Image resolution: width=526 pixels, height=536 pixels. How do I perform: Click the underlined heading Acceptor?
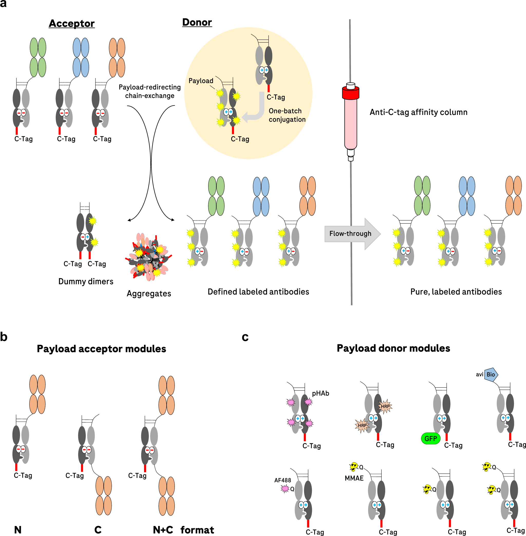(72, 23)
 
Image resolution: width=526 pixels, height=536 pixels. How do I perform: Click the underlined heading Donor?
(197, 22)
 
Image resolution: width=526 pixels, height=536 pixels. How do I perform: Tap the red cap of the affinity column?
(351, 93)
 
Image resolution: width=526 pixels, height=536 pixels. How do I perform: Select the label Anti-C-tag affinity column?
(418, 112)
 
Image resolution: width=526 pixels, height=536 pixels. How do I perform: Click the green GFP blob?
(431, 438)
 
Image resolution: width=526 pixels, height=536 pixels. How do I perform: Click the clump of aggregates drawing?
(149, 257)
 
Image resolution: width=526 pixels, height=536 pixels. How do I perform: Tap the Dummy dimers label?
(86, 281)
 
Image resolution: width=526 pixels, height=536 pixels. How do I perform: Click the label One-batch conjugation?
(287, 115)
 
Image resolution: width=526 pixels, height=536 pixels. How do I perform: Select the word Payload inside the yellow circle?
(201, 81)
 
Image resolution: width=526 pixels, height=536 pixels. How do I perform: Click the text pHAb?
(320, 393)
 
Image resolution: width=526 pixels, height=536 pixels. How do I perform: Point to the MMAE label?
(354, 478)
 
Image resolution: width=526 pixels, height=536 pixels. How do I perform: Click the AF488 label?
(282, 480)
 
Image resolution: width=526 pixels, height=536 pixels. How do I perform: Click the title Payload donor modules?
(393, 348)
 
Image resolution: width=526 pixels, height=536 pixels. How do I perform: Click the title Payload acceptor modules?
(101, 349)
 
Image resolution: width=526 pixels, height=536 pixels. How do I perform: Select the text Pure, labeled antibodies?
(456, 292)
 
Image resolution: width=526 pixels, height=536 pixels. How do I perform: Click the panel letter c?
(245, 337)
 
